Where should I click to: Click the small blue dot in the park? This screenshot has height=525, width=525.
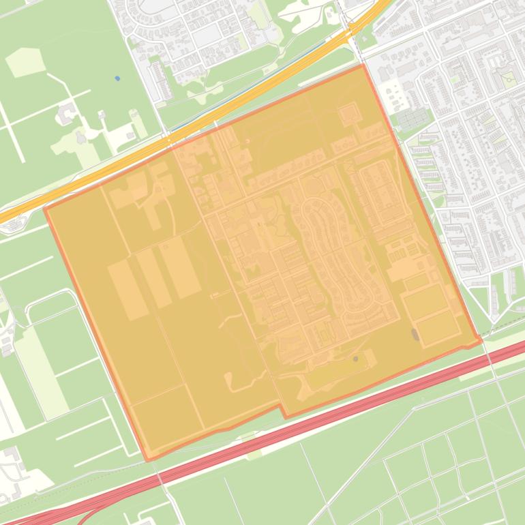117,78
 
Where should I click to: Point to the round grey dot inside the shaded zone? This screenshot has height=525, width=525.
356,359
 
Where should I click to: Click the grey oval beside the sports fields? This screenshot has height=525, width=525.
415,334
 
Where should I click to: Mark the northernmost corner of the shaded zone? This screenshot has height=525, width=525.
361,65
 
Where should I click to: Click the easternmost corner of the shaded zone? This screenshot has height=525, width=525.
481,340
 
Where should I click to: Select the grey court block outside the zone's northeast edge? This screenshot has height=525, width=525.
411,119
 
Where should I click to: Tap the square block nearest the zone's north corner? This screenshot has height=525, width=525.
349,112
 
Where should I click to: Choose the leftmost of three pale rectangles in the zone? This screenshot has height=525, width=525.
127,289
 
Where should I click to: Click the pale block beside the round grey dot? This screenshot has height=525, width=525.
370,357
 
